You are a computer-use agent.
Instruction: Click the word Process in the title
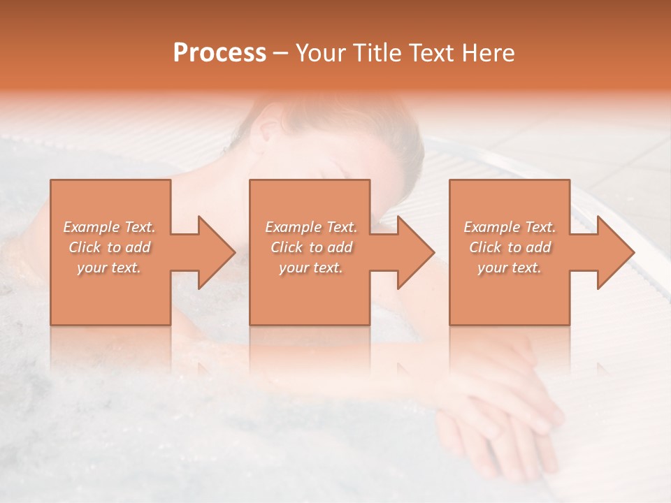[x=219, y=53]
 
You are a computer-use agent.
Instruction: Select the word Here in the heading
[x=489, y=53]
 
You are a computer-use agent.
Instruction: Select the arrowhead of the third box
[x=614, y=252]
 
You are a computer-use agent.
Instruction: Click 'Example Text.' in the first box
[x=109, y=227]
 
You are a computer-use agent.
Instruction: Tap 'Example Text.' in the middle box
[x=311, y=227]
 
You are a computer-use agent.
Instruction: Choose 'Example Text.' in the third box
[x=510, y=227]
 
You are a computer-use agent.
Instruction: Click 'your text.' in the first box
[x=109, y=268]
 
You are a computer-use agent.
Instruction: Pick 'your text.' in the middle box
[x=311, y=268]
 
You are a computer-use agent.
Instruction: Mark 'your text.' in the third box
[x=510, y=268]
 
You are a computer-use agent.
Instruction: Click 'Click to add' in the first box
[x=109, y=247]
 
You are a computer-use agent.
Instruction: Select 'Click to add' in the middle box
[x=311, y=247]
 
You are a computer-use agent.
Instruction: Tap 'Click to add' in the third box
[x=510, y=247]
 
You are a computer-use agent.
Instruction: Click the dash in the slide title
[x=281, y=54]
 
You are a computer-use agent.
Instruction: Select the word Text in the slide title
[x=429, y=53]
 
